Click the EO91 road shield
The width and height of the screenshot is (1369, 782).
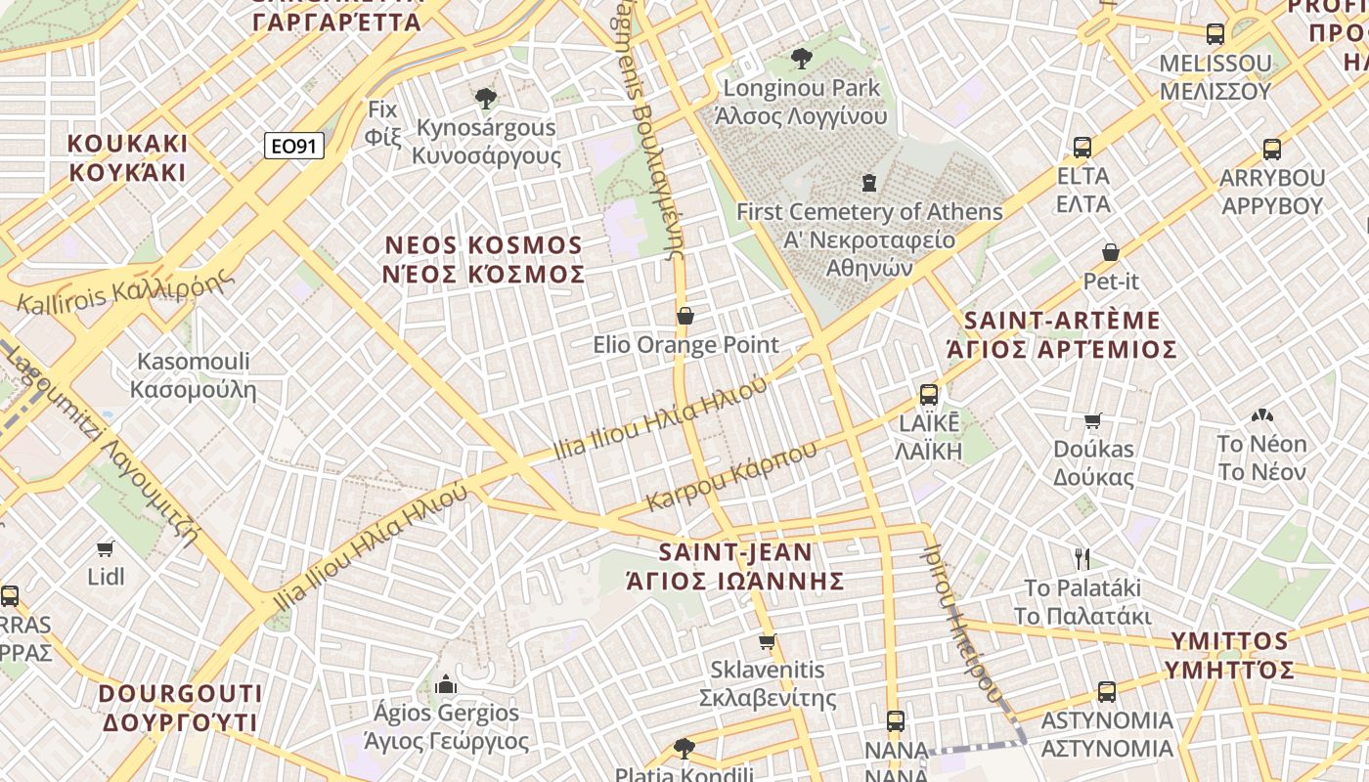click(x=293, y=147)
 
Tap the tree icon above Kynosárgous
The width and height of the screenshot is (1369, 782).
click(x=485, y=98)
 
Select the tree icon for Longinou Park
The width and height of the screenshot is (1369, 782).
click(x=802, y=59)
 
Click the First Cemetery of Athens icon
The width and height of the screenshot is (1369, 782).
click(x=867, y=183)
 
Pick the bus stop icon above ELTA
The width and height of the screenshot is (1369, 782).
click(x=1082, y=148)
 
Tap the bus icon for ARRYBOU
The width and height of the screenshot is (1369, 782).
click(x=1271, y=150)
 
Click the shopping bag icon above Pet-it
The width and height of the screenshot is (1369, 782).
click(x=1111, y=252)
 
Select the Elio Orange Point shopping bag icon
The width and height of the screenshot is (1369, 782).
click(x=685, y=316)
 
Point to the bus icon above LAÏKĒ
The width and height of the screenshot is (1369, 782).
click(x=929, y=395)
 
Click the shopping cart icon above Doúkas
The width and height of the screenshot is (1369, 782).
click(x=1093, y=421)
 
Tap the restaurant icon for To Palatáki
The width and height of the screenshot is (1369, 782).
click(x=1082, y=559)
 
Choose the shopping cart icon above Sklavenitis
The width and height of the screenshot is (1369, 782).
click(x=768, y=642)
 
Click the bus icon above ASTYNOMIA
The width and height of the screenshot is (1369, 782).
click(x=1106, y=691)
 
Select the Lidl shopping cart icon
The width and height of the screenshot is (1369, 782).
click(x=106, y=548)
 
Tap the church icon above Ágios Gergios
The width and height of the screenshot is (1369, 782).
click(x=446, y=683)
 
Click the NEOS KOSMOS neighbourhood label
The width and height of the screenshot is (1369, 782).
click(x=484, y=259)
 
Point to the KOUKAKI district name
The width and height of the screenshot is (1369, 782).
click(x=127, y=157)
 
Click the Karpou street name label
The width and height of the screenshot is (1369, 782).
click(x=732, y=477)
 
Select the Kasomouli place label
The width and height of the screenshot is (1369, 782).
click(x=194, y=375)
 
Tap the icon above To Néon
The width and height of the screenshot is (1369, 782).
click(x=1261, y=415)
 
